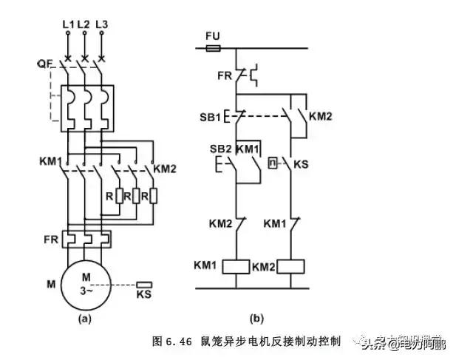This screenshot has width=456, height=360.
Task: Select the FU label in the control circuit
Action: click(x=212, y=35)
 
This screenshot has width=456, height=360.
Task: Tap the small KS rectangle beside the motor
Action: click(x=146, y=284)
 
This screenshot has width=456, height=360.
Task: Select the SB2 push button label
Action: click(x=209, y=150)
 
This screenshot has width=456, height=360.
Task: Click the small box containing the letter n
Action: click(x=273, y=163)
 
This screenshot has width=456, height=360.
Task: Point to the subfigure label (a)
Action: click(x=84, y=320)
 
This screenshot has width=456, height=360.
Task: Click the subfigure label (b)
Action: click(x=256, y=319)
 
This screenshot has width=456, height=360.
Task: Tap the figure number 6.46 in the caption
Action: click(x=180, y=342)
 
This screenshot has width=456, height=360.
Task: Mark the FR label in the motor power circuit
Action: click(x=50, y=240)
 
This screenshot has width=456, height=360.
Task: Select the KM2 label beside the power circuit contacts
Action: click(x=167, y=169)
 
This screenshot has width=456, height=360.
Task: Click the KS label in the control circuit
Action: click(x=301, y=163)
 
